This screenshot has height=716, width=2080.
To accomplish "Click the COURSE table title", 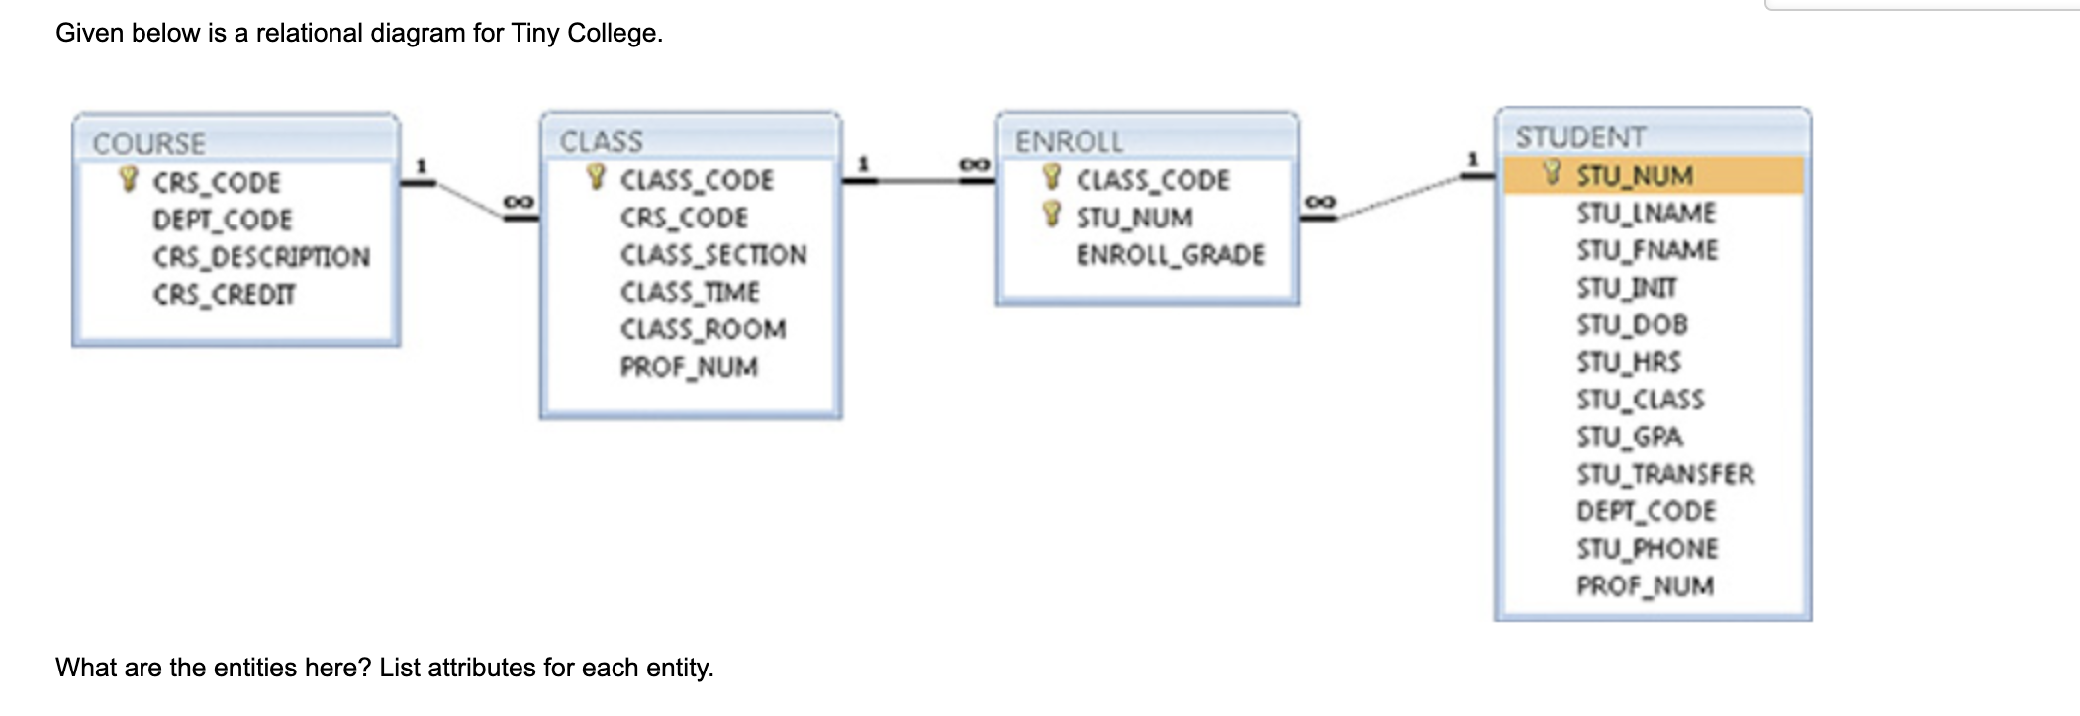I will click(x=149, y=144).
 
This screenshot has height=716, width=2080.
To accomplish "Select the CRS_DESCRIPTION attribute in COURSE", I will click(x=261, y=257).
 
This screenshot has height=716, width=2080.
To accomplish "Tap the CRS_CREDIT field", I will click(x=224, y=295).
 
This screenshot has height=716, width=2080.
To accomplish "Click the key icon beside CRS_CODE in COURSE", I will click(x=128, y=180).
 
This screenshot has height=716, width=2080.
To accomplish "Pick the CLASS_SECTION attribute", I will click(x=713, y=255).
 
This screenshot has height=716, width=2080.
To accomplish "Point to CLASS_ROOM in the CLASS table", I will click(x=703, y=329).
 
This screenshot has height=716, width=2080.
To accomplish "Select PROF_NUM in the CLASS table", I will click(x=689, y=367).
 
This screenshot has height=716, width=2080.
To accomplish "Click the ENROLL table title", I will click(x=1069, y=142).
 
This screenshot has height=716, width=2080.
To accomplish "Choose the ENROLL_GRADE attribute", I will click(x=1170, y=255).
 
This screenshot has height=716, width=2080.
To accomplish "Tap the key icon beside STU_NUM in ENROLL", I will click(x=1053, y=215).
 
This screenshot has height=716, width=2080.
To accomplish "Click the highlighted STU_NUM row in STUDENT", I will click(x=1653, y=176).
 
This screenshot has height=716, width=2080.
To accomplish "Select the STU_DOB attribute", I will click(x=1632, y=324).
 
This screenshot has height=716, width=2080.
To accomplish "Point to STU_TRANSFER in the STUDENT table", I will click(x=1665, y=475).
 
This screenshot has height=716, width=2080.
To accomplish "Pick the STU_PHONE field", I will click(x=1647, y=549).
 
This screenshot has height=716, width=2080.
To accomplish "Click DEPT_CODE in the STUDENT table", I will click(x=1646, y=511).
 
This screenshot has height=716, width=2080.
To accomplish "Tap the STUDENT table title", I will click(x=1580, y=137).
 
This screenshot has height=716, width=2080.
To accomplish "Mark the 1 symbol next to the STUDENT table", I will click(x=1472, y=159).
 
